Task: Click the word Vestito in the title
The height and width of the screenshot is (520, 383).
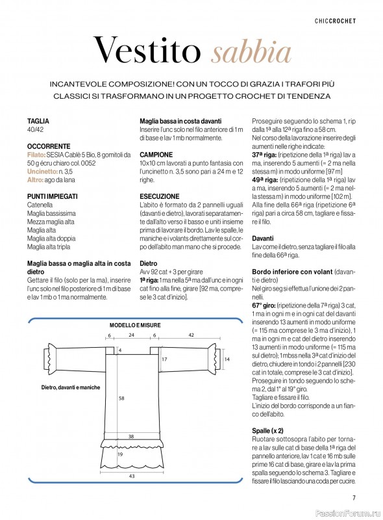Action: point(147,50)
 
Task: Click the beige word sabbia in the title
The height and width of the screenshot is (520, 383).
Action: point(251,52)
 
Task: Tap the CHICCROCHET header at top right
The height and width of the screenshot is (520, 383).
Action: point(335,21)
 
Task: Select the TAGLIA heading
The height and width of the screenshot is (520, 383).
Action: point(38,121)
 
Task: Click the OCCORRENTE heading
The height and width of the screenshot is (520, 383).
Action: point(49,146)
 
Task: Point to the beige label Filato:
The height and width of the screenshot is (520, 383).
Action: point(36,155)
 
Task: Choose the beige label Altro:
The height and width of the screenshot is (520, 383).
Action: point(35,180)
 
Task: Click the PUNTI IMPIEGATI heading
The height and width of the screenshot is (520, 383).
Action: point(53,196)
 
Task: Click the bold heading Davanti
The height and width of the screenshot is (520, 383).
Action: point(263,238)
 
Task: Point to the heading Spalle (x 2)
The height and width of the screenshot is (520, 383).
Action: point(267,431)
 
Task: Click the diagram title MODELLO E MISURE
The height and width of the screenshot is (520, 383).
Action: point(135,326)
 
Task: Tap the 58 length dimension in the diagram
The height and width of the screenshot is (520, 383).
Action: point(121,398)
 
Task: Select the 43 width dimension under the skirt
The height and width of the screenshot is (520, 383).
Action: point(132,476)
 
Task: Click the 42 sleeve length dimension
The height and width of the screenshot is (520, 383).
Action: point(191,335)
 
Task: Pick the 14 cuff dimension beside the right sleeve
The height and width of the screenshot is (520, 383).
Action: point(227,359)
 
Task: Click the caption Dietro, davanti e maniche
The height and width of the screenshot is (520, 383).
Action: point(71,387)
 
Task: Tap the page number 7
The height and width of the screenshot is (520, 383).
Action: point(354,497)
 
